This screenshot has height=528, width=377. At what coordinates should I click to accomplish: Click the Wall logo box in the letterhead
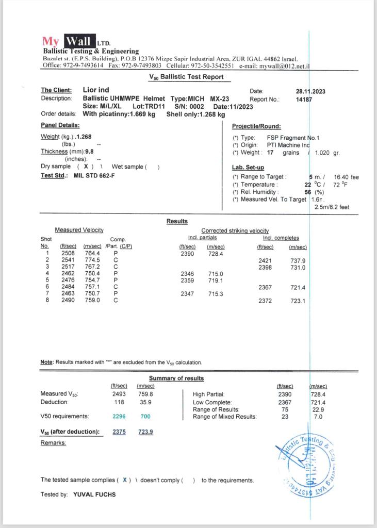tap(79, 41)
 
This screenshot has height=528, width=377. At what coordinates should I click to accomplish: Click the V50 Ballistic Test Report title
tap(186, 77)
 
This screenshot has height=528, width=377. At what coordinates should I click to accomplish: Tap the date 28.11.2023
tap(310, 91)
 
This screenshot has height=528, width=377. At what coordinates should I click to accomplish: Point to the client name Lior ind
tap(96, 90)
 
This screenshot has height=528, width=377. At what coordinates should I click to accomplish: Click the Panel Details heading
tap(60, 125)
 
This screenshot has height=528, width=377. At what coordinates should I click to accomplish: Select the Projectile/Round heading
tap(256, 126)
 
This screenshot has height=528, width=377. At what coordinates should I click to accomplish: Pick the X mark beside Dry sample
tap(86, 167)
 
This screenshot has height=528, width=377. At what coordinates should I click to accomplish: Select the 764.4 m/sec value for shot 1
tap(92, 253)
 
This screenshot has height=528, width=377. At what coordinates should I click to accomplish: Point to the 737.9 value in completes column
tap(298, 260)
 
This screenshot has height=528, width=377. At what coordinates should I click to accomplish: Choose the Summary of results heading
tap(176, 378)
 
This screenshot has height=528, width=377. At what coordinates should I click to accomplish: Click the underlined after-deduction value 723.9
tap(145, 432)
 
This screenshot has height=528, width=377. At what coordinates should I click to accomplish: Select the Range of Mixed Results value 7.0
tap(318, 417)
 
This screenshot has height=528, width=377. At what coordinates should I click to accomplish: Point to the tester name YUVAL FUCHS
tap(94, 494)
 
